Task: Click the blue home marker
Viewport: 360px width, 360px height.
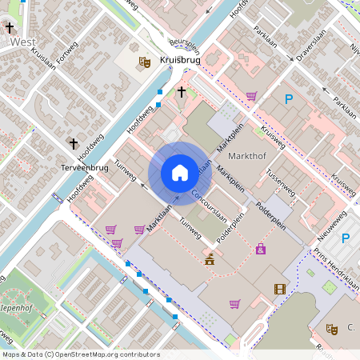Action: click(x=180, y=172)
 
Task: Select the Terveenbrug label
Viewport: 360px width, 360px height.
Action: click(x=84, y=168)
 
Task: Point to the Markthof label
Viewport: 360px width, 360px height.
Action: click(x=246, y=154)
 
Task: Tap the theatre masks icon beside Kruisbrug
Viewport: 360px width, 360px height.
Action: click(x=145, y=61)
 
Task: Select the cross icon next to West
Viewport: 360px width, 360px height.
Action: click(x=10, y=28)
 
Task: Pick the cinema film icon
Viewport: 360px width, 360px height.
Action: click(x=279, y=289)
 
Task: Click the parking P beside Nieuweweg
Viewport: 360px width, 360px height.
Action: click(x=346, y=238)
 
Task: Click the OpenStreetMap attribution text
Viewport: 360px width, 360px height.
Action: click(x=81, y=354)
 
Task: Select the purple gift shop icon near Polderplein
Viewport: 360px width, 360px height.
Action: click(x=261, y=250)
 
